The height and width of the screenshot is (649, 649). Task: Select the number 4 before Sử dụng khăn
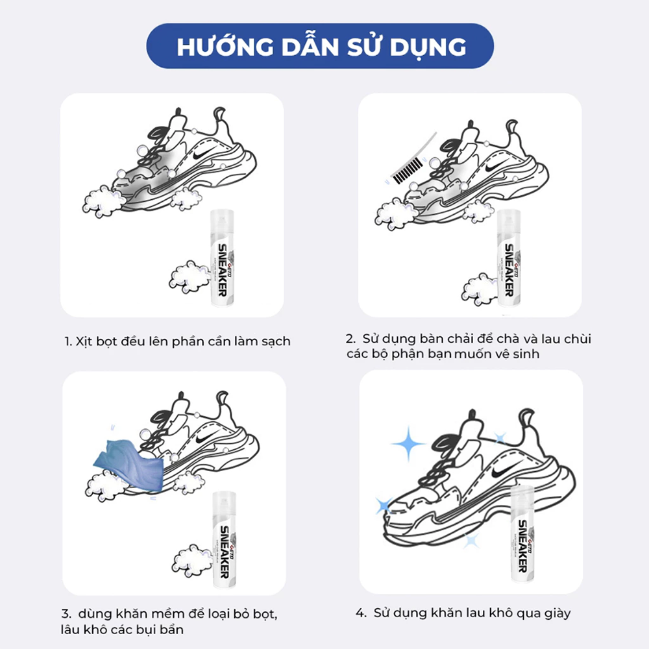(359, 613)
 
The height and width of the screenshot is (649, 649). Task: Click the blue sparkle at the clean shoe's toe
(384, 505)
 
